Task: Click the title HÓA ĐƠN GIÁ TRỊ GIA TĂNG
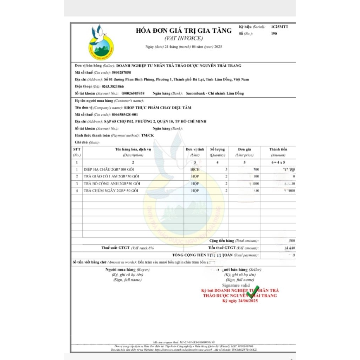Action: tap(184, 31)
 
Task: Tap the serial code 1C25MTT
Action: tap(279, 27)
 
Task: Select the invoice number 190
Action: tap(274, 34)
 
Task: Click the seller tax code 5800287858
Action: tap(121, 72)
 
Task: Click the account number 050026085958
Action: tap(133, 94)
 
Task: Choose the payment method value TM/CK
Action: tap(147, 135)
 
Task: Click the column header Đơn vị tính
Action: tap(195, 149)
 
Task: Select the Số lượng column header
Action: tap(217, 149)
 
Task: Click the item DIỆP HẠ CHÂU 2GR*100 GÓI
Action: tap(112, 169)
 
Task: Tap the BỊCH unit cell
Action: tap(195, 169)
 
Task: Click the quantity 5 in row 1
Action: tap(226, 169)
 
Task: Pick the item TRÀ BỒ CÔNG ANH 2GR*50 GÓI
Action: tap(112, 184)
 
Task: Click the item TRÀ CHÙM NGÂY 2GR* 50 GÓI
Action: tap(112, 191)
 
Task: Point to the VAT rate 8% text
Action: tap(151, 248)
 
